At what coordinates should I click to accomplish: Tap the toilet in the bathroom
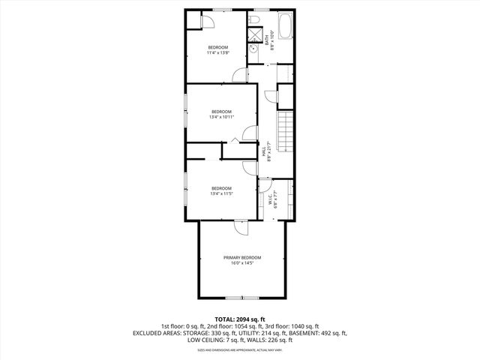click(x=256, y=20)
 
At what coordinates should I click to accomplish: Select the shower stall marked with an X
click(x=256, y=34)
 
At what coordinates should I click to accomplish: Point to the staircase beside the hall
click(x=285, y=131)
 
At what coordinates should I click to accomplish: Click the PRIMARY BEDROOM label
click(x=241, y=257)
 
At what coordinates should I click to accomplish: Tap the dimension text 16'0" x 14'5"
click(x=241, y=263)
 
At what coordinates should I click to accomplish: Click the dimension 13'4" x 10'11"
click(x=221, y=117)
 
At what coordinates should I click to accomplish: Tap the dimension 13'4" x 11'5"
click(x=221, y=194)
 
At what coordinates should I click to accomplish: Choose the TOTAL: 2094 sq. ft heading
click(x=240, y=319)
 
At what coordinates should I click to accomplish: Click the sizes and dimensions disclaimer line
click(x=240, y=349)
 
